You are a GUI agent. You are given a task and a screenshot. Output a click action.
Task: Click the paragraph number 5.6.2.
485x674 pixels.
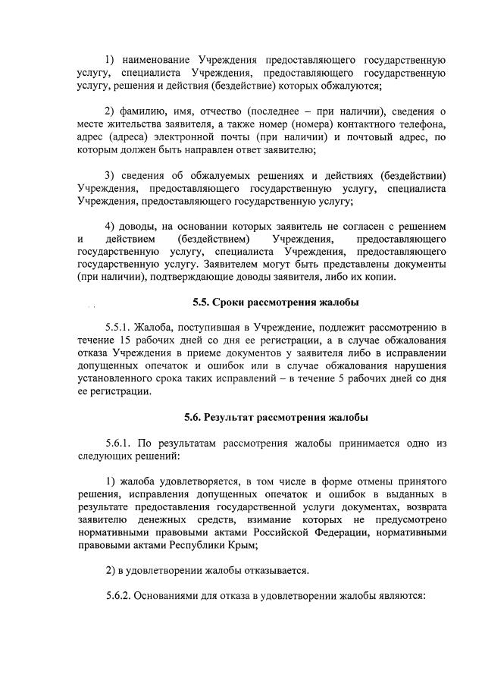tap(120, 594)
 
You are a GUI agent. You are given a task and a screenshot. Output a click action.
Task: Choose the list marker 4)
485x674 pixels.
tap(111, 226)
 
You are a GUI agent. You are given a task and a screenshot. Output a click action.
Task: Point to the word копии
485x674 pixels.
tap(379, 277)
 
